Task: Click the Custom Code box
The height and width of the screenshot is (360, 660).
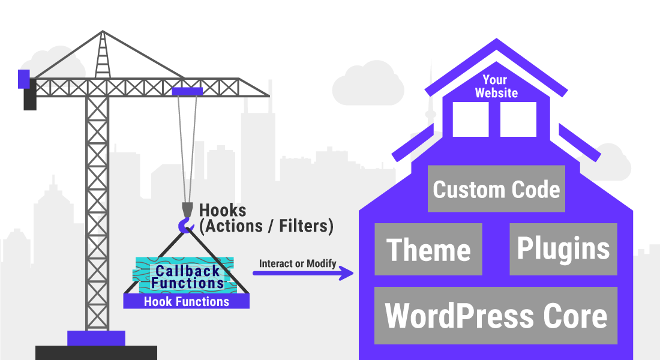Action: [496, 189]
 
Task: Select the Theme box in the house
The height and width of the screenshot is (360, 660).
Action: [428, 249]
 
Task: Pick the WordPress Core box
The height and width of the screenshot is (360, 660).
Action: [496, 315]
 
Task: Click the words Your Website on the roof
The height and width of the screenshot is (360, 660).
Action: [496, 86]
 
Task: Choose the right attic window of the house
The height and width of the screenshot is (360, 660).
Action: [518, 119]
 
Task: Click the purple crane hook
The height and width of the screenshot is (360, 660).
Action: [186, 226]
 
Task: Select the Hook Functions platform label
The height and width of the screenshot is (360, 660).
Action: [187, 301]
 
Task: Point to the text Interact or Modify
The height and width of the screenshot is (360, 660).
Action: [298, 263]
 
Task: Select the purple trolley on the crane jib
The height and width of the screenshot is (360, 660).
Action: [187, 91]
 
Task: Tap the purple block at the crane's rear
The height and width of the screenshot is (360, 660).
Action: [23, 78]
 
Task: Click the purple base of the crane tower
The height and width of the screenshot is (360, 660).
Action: [96, 338]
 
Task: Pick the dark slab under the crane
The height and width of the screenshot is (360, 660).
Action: [96, 353]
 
